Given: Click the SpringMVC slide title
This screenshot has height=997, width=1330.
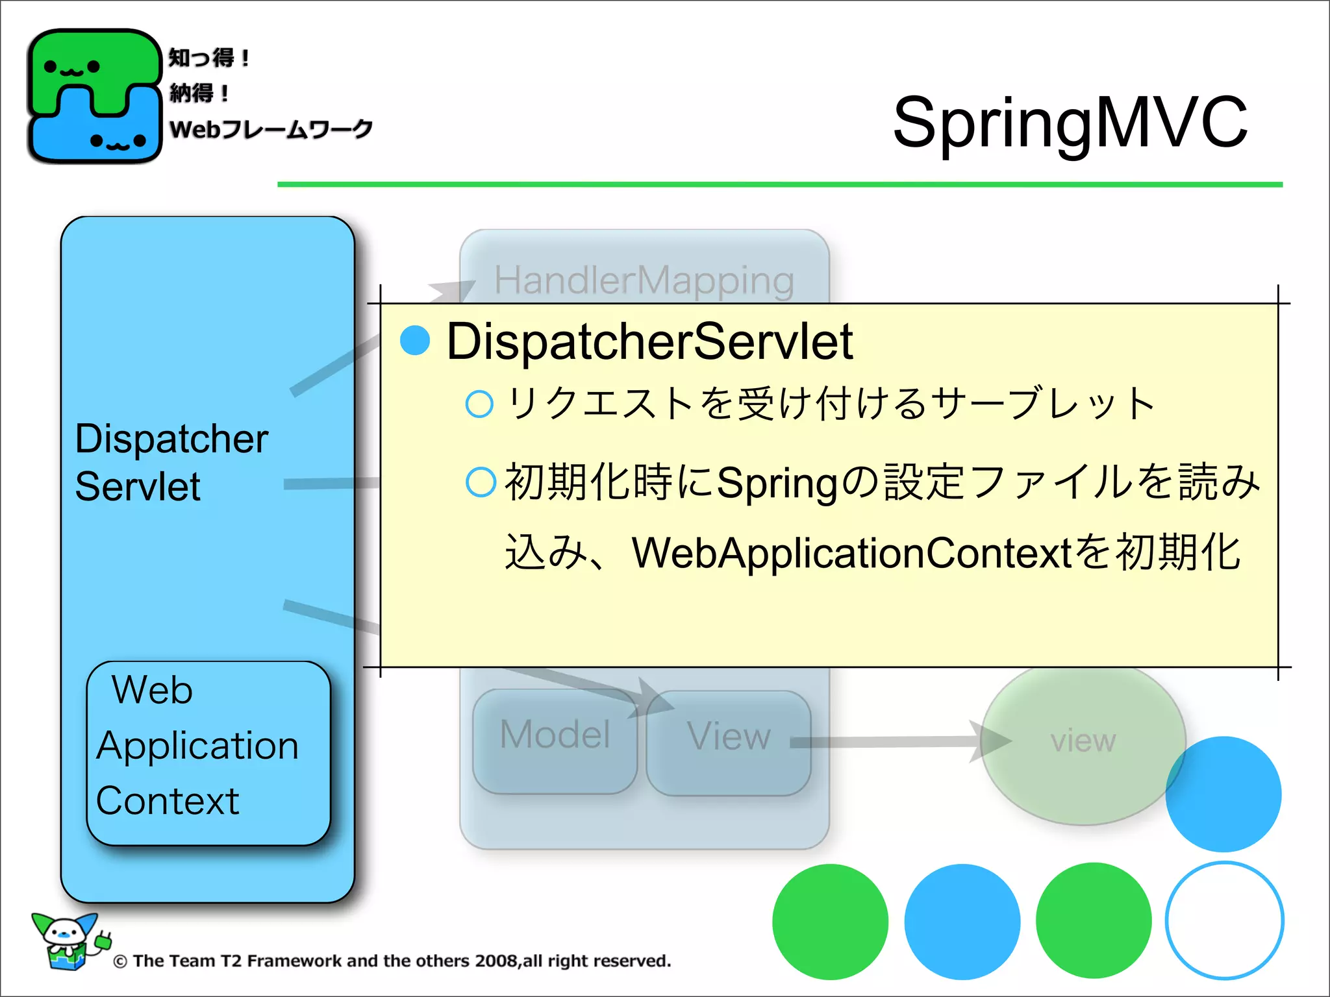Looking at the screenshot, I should [x=1070, y=122].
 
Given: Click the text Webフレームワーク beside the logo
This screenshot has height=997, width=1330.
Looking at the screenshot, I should [x=270, y=129].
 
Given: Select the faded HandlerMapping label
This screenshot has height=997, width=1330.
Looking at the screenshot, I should [x=644, y=280].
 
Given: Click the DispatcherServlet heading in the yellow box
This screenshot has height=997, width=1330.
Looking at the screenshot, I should [x=649, y=342].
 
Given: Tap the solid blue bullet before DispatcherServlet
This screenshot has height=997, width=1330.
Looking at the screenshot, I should [x=415, y=341].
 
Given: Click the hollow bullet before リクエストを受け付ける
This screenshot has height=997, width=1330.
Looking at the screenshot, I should [x=479, y=404].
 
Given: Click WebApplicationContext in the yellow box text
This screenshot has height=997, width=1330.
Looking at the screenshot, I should [x=851, y=553].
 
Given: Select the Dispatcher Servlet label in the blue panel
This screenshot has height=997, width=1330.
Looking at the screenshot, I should [x=170, y=462].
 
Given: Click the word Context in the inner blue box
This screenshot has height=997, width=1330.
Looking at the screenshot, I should [x=168, y=800].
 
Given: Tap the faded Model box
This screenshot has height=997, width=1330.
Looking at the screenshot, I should [x=555, y=740].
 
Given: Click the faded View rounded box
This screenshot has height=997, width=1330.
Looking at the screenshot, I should [x=728, y=742].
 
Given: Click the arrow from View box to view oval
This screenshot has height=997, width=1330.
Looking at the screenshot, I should [x=896, y=741].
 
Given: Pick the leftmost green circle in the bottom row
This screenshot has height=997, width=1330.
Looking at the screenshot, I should [x=830, y=921].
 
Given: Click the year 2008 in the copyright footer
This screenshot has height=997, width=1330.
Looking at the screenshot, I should [x=496, y=961].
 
